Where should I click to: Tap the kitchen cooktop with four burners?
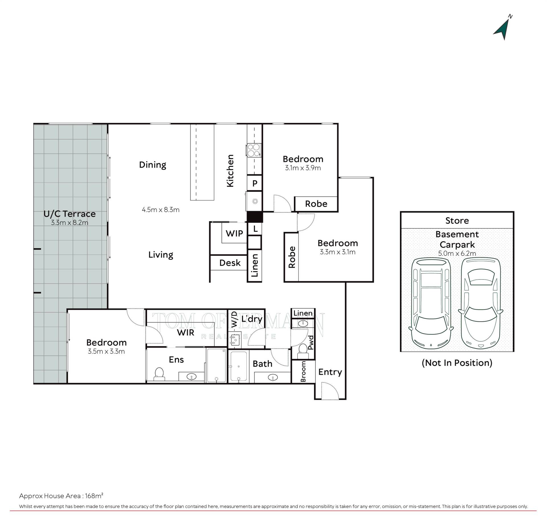[x=254, y=150]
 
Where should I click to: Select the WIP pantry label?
[x=234, y=233]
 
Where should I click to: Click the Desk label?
[x=230, y=263]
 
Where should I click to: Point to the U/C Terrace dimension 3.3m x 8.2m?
[x=70, y=223]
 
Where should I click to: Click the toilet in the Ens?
[x=159, y=374]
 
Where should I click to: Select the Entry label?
[x=330, y=372]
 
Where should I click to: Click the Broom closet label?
[x=303, y=372]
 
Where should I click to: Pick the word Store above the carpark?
[x=457, y=221]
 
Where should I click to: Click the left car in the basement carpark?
[x=431, y=303]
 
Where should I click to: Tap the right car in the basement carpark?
[x=481, y=303]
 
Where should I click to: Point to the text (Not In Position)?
[x=457, y=363]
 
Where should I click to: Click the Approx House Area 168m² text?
[x=61, y=496]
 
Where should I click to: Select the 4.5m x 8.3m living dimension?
[x=161, y=210]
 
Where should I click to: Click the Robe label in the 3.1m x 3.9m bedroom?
[x=316, y=204]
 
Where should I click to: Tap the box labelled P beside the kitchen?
[x=255, y=183]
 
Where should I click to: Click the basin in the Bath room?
[x=273, y=378]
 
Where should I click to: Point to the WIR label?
[x=185, y=332]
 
